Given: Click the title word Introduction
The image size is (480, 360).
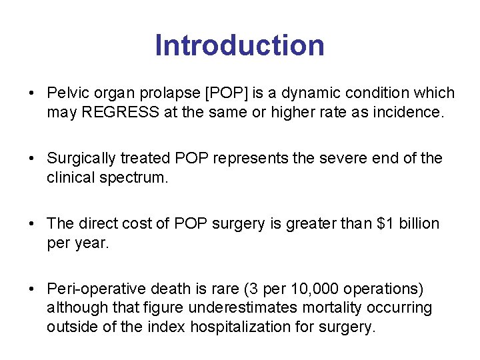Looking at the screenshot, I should coord(239,45).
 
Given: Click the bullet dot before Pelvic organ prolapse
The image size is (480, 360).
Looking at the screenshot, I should coord(33,93).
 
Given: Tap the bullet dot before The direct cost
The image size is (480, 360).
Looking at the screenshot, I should coord(33,224).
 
